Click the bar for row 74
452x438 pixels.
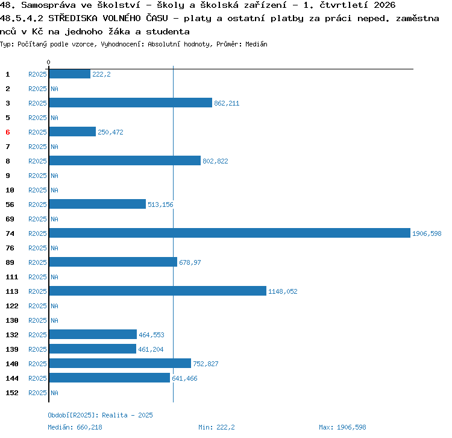click(x=230, y=233)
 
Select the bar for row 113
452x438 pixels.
click(x=158, y=291)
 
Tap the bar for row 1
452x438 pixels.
click(x=70, y=74)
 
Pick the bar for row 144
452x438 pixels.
click(x=110, y=378)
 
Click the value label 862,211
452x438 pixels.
click(x=227, y=103)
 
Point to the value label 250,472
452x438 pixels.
click(x=110, y=132)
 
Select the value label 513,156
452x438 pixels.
click(x=160, y=205)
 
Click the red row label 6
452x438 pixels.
click(x=8, y=132)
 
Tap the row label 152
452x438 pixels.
click(x=12, y=393)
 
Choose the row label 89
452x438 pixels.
click(x=10, y=262)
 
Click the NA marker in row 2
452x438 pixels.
click(x=54, y=89)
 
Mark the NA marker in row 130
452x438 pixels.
click(x=54, y=320)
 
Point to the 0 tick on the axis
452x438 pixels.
click(x=48, y=62)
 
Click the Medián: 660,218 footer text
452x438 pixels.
click(x=75, y=427)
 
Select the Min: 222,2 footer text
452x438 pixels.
click(x=216, y=427)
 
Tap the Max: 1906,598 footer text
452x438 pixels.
click(x=342, y=427)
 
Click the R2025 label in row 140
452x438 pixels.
click(x=37, y=364)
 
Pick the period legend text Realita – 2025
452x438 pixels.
click(x=127, y=415)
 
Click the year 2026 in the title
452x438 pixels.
click(x=385, y=5)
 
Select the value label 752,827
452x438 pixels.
click(x=206, y=364)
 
